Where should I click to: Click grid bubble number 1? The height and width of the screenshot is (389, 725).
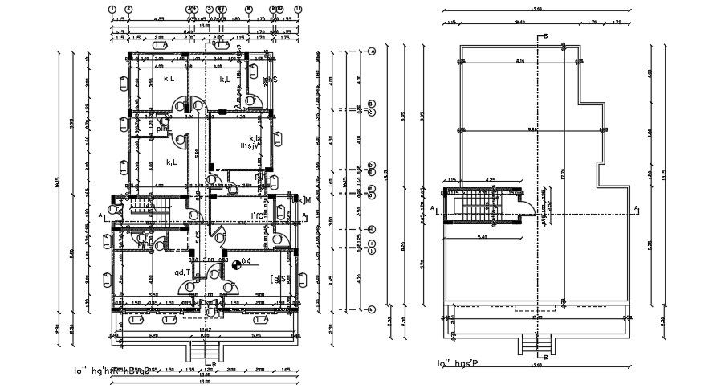(113, 9)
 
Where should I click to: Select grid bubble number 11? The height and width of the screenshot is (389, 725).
(298, 9)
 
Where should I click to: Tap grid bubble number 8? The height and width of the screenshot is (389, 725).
(249, 9)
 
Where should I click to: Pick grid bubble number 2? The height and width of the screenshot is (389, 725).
(128, 9)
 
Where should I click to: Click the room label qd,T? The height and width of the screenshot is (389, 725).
(183, 272)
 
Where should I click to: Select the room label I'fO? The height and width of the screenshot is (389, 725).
(259, 215)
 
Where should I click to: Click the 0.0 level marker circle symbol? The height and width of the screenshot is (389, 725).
(226, 263)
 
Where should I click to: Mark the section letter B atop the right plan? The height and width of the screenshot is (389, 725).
(545, 36)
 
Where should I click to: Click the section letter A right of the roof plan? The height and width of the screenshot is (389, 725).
(637, 208)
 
